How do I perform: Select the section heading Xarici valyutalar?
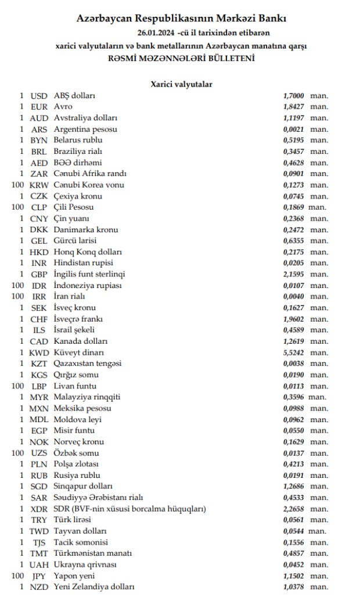181,84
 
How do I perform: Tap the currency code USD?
39,96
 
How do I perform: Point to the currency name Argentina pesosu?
85,129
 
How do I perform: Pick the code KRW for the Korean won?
39,185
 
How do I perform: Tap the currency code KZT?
39,363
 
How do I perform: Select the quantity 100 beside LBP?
18,386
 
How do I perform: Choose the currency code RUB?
39,476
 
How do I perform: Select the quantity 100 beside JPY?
18,576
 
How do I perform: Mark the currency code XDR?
39,509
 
